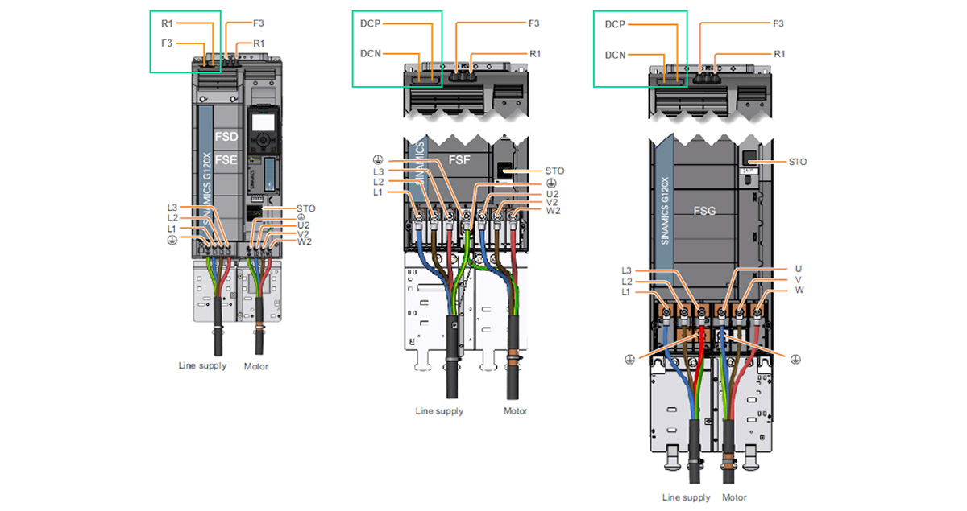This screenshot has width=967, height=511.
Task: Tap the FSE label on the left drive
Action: (227, 160)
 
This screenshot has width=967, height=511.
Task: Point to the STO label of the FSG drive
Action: (797, 162)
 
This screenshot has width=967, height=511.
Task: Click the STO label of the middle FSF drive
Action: (554, 171)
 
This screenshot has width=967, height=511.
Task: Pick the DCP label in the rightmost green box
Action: (615, 24)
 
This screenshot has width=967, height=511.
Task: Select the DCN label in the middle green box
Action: (371, 54)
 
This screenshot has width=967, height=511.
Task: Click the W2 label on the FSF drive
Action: (554, 212)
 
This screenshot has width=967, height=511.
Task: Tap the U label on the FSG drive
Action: (799, 269)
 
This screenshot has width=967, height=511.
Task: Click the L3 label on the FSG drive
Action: (628, 270)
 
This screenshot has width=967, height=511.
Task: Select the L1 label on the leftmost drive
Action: (172, 229)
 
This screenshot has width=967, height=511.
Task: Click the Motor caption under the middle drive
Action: (515, 411)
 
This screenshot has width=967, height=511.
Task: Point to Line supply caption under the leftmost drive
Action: (202, 366)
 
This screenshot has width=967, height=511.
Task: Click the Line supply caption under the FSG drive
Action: (685, 497)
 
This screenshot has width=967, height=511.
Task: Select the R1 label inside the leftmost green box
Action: (167, 24)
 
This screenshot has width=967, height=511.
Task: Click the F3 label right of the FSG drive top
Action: (778, 24)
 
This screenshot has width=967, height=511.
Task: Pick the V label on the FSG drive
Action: (799, 279)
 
